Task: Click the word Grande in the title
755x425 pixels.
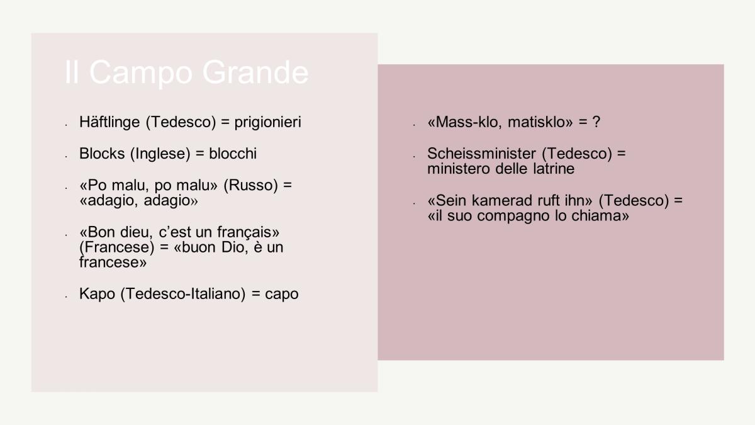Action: [x=255, y=72]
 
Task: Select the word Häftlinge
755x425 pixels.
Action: [x=109, y=122]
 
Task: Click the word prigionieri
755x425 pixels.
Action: [x=267, y=122]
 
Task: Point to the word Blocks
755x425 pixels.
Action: [x=102, y=154]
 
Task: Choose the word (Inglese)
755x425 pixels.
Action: [x=160, y=154]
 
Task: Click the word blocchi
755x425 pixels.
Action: [x=233, y=154]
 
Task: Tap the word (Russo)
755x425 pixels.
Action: [x=251, y=185]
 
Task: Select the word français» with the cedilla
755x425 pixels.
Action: [x=248, y=232]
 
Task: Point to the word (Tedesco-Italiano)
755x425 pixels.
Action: [x=183, y=294]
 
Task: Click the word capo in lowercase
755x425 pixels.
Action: [x=282, y=295]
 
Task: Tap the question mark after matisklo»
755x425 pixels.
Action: [x=596, y=122]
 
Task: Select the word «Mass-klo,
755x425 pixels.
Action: [x=465, y=122]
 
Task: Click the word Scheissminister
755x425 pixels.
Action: [x=482, y=154]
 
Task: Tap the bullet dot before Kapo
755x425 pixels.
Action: [x=67, y=297]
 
